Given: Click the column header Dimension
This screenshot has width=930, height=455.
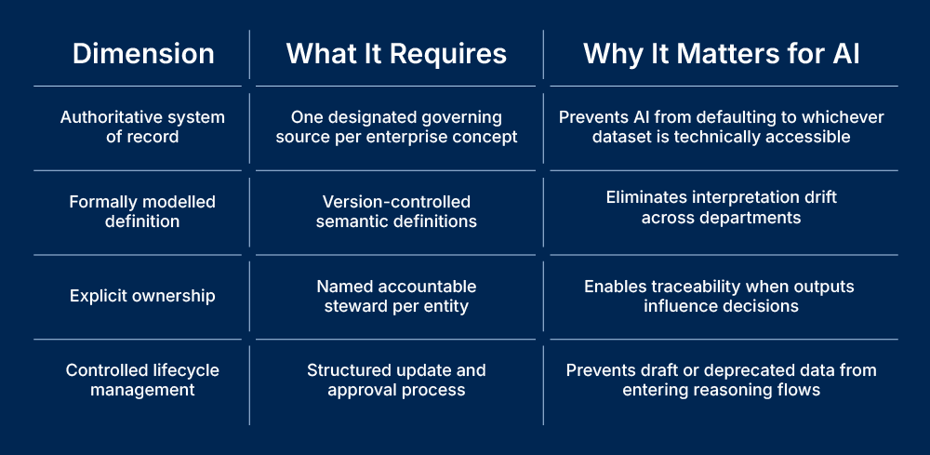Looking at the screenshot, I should coord(143,54).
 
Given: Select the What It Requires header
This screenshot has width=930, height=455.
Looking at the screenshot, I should coord(396,54).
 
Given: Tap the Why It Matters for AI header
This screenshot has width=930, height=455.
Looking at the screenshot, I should coord(721,54).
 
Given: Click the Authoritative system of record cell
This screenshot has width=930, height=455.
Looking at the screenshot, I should coord(142,127).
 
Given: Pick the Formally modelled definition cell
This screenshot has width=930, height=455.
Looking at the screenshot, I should coord(142,211).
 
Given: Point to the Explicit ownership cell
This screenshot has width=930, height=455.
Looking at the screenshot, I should coord(142,296).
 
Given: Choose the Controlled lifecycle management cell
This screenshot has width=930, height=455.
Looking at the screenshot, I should coord(142,380).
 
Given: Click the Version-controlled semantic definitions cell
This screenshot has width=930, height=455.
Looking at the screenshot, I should coord(396,211).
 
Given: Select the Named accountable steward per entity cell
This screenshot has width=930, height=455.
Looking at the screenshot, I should coord(396,296).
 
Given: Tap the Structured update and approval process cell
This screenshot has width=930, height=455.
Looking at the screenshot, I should coord(396,380).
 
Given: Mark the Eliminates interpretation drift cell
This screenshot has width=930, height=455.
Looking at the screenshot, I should coord(721,207).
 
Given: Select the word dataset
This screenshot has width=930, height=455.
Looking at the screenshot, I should coord(624,137).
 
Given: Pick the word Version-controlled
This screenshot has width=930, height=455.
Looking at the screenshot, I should coord(396,202).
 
